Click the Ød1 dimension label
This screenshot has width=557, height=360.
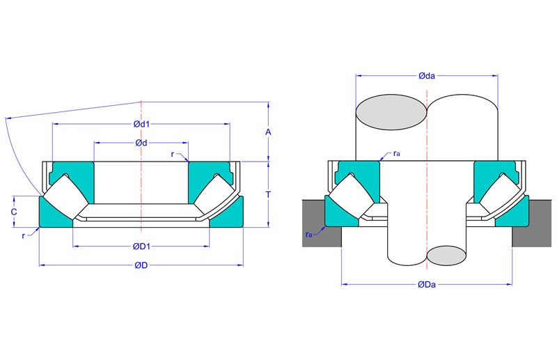[141, 124]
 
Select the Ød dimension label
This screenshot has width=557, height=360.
[141, 143]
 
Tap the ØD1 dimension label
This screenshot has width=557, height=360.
[141, 246]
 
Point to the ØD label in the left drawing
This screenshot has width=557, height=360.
[141, 265]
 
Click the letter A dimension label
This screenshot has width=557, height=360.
[268, 132]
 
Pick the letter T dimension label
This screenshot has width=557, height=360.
[269, 194]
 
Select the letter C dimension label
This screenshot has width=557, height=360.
[14, 212]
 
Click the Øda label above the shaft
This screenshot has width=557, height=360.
[427, 76]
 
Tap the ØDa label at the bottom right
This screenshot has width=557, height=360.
[427, 285]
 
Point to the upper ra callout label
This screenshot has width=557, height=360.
[397, 153]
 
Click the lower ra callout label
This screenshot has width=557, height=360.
[308, 235]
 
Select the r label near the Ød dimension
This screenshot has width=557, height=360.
[173, 155]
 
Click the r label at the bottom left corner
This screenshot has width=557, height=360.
[24, 236]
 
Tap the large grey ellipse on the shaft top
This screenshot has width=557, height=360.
[391, 112]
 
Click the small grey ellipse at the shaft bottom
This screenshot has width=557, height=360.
[446, 256]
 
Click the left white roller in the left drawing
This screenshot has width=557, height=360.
[65, 196]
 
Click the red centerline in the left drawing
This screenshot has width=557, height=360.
[141, 166]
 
